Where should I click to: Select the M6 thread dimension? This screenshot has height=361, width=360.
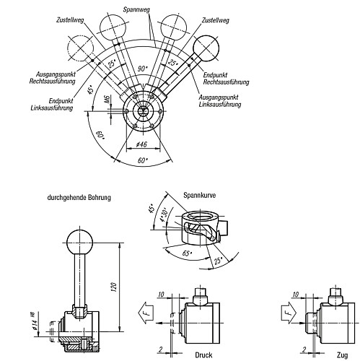click(107, 103)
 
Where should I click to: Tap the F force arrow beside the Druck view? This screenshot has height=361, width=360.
click(143, 315)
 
